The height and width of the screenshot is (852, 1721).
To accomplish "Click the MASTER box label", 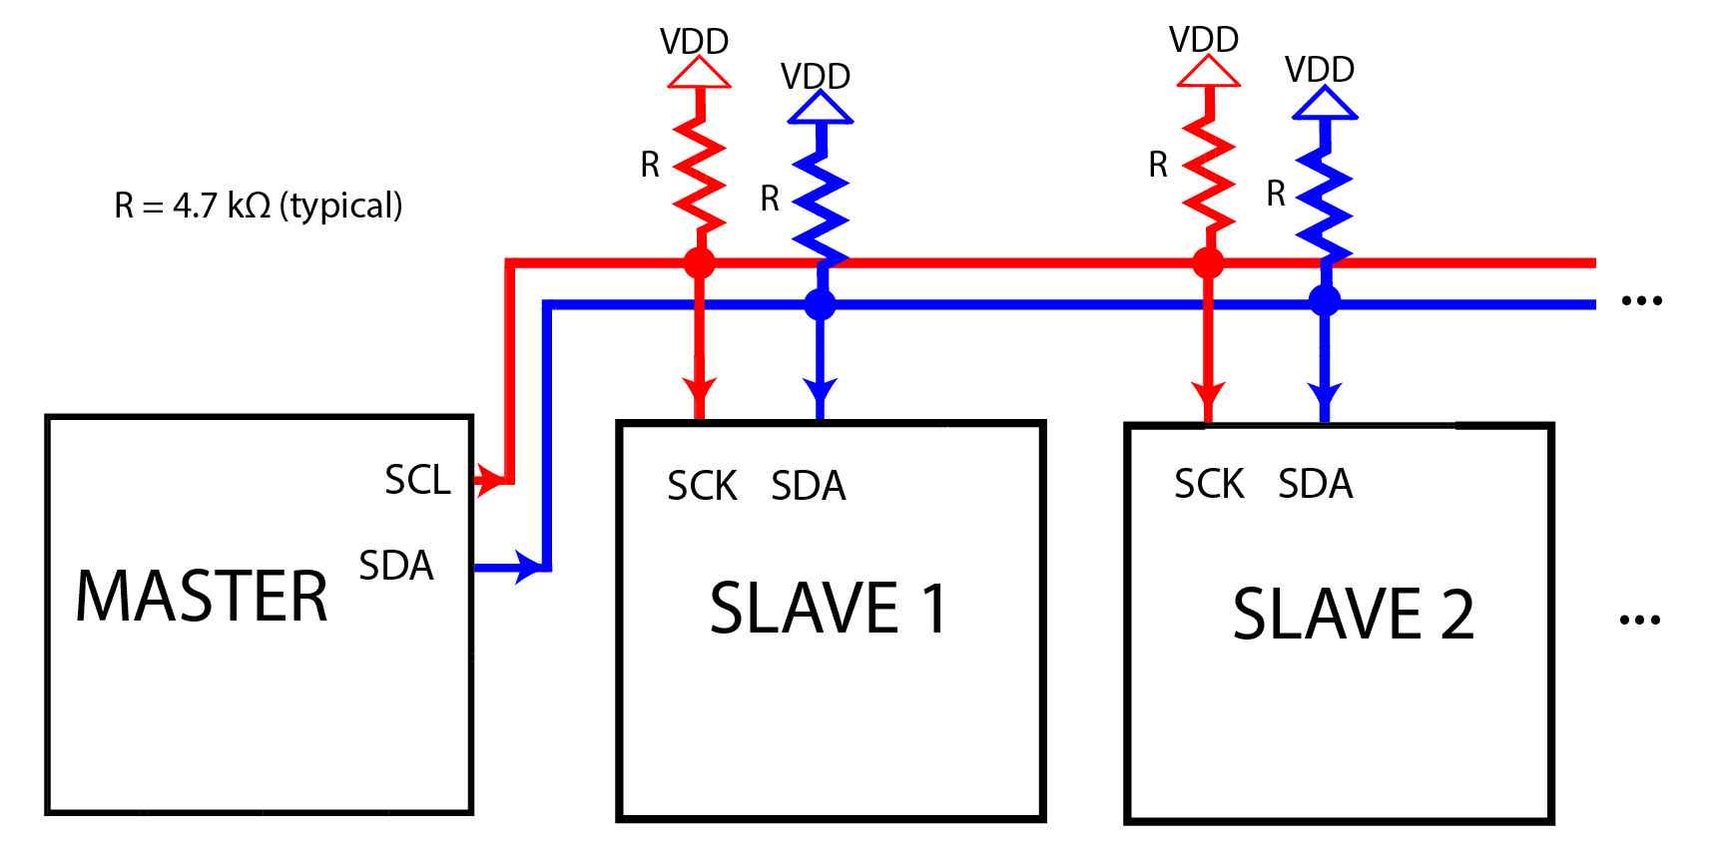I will [x=202, y=597].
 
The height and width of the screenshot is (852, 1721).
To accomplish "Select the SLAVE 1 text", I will [x=829, y=609].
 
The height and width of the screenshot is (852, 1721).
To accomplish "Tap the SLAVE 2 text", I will [x=1353, y=614].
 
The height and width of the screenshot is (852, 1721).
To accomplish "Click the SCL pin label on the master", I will [x=417, y=480].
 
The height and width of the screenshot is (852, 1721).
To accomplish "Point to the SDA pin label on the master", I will [x=396, y=566].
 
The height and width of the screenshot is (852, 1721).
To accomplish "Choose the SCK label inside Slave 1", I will [x=702, y=486].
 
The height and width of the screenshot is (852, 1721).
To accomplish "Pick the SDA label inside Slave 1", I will [x=809, y=486].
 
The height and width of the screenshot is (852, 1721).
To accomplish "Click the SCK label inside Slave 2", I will [x=1209, y=484].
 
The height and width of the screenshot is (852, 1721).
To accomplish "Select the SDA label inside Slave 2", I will [x=1316, y=484].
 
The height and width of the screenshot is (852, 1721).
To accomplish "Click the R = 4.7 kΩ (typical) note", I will [x=259, y=206].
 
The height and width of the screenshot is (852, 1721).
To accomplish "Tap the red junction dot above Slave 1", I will [x=699, y=263].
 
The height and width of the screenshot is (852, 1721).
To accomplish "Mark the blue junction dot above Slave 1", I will [x=820, y=304].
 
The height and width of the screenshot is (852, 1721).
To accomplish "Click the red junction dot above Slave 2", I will [x=1208, y=263].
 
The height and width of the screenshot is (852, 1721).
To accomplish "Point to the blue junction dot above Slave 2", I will [x=1325, y=300].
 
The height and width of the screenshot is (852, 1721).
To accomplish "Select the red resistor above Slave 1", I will [x=699, y=175].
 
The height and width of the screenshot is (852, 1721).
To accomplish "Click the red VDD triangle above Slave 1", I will [x=699, y=73].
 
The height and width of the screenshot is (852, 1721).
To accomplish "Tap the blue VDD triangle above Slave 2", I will [x=1325, y=103].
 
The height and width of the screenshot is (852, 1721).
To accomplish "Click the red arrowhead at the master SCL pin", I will [x=486, y=481].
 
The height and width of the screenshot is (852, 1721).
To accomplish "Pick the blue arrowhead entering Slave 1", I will [x=821, y=391].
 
